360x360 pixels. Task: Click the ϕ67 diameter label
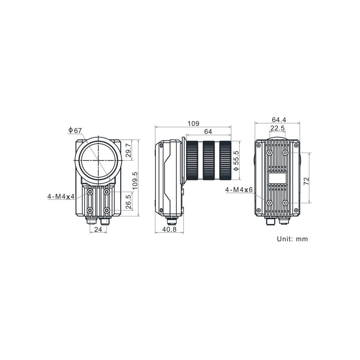click(x=75, y=131)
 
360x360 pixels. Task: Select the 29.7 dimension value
click(x=129, y=150)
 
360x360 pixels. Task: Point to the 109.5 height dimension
click(x=135, y=181)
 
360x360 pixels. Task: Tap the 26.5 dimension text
click(x=129, y=202)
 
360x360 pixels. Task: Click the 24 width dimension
click(x=98, y=229)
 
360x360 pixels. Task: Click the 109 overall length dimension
click(x=194, y=123)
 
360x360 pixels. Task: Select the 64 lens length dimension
click(x=208, y=131)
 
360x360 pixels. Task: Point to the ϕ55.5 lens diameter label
click(x=236, y=161)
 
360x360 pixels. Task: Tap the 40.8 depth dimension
click(x=170, y=229)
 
